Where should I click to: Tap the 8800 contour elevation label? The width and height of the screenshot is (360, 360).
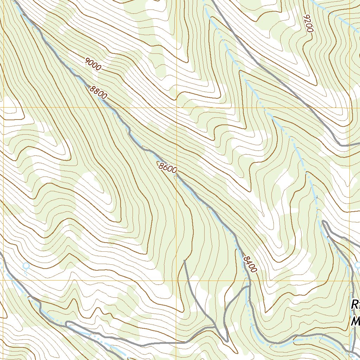click(98, 92)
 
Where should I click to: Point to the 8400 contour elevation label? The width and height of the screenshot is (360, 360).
click(250, 264)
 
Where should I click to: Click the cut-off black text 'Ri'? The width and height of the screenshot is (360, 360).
click(355, 304)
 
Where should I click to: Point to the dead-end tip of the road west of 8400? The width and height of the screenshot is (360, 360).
click(185, 261)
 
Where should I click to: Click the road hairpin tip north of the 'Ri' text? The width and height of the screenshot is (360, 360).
click(323, 221)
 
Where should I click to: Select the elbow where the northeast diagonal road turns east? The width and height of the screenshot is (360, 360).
click(340, 144)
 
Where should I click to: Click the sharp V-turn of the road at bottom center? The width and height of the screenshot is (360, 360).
click(227, 341)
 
